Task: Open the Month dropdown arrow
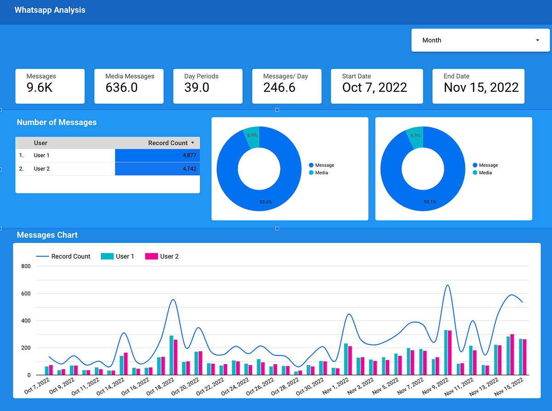538,40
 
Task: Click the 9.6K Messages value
40,88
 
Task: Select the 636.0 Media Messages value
121,88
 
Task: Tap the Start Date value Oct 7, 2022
374,88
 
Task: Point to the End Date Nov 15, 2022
481,88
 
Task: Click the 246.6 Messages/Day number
279,88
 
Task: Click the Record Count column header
168,143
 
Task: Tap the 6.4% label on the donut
252,135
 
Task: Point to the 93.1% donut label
430,202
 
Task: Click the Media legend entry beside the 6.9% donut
485,173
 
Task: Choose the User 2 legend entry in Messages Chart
169,256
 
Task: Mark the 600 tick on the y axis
26,293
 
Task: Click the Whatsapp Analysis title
50,10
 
